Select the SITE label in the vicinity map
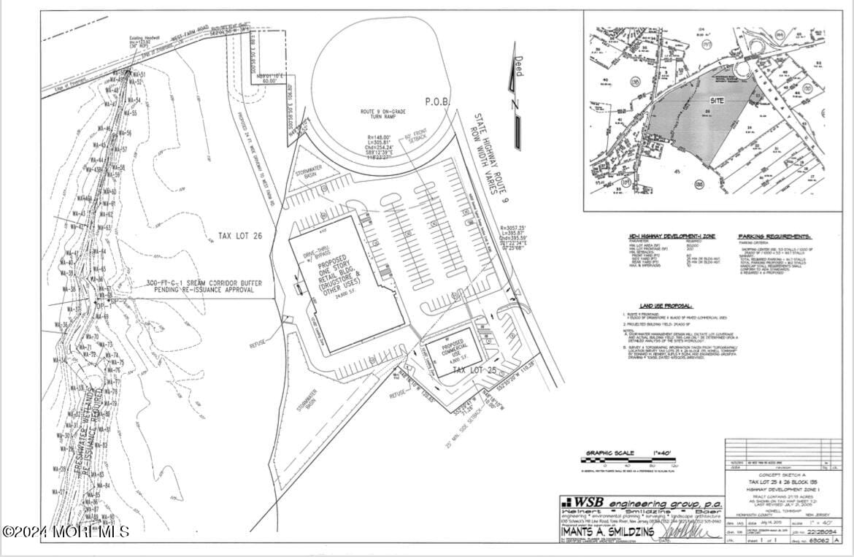click(x=716, y=100)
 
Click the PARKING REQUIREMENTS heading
click(x=774, y=237)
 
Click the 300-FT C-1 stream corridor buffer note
click(x=200, y=286)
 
